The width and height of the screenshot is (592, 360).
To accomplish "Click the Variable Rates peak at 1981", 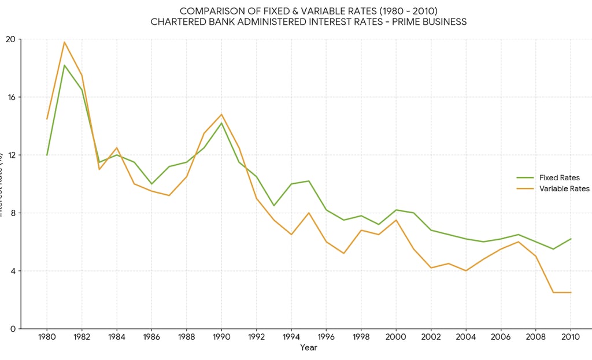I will [64, 42].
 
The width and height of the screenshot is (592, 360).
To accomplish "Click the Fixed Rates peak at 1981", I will [64, 65].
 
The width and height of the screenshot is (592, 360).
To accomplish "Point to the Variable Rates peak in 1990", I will [221, 114].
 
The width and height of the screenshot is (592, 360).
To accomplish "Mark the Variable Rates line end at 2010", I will [571, 292].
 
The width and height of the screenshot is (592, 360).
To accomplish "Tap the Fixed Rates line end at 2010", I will [571, 239].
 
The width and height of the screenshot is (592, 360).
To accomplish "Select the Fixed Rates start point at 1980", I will [47, 155].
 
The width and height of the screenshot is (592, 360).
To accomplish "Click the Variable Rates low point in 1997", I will [343, 253].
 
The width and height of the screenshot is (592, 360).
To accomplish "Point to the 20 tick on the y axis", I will [19, 39].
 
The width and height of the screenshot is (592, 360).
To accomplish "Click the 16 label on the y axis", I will [11, 97].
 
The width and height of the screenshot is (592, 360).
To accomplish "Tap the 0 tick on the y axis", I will [19, 328].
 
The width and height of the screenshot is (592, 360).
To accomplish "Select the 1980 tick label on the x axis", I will [47, 336].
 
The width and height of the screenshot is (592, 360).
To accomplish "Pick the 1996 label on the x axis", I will [326, 336].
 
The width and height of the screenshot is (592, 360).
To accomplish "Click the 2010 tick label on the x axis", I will [571, 336].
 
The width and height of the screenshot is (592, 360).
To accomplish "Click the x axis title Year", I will [309, 347].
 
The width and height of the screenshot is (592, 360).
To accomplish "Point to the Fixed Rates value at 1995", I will [309, 181].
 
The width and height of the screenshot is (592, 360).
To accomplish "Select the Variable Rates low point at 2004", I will [466, 270].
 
